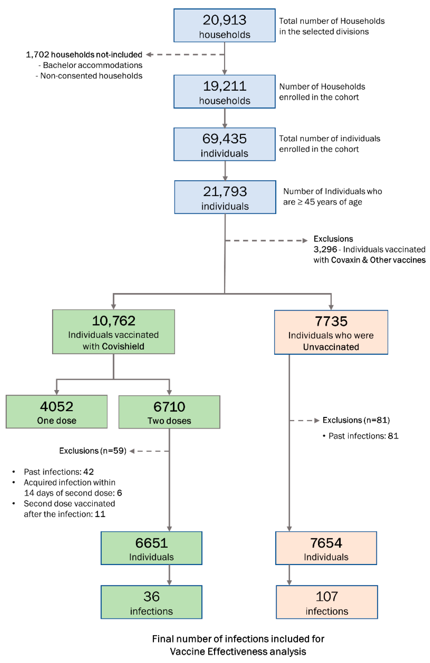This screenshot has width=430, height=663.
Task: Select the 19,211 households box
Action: click(224, 92)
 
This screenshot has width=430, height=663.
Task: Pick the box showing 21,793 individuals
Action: click(225, 197)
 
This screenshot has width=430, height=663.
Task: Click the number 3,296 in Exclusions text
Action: click(325, 249)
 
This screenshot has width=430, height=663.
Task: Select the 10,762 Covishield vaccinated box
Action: click(113, 332)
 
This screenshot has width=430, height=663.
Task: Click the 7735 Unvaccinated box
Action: click(331, 332)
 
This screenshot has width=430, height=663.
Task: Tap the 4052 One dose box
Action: click(56, 412)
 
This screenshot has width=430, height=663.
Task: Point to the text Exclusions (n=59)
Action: click(93, 451)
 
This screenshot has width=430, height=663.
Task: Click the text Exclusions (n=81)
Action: click(356, 420)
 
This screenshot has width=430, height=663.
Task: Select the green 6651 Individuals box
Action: click(151, 548)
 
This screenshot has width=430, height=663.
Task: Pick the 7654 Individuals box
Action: click(326, 548)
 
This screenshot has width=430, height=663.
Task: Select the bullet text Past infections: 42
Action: click(59, 472)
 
